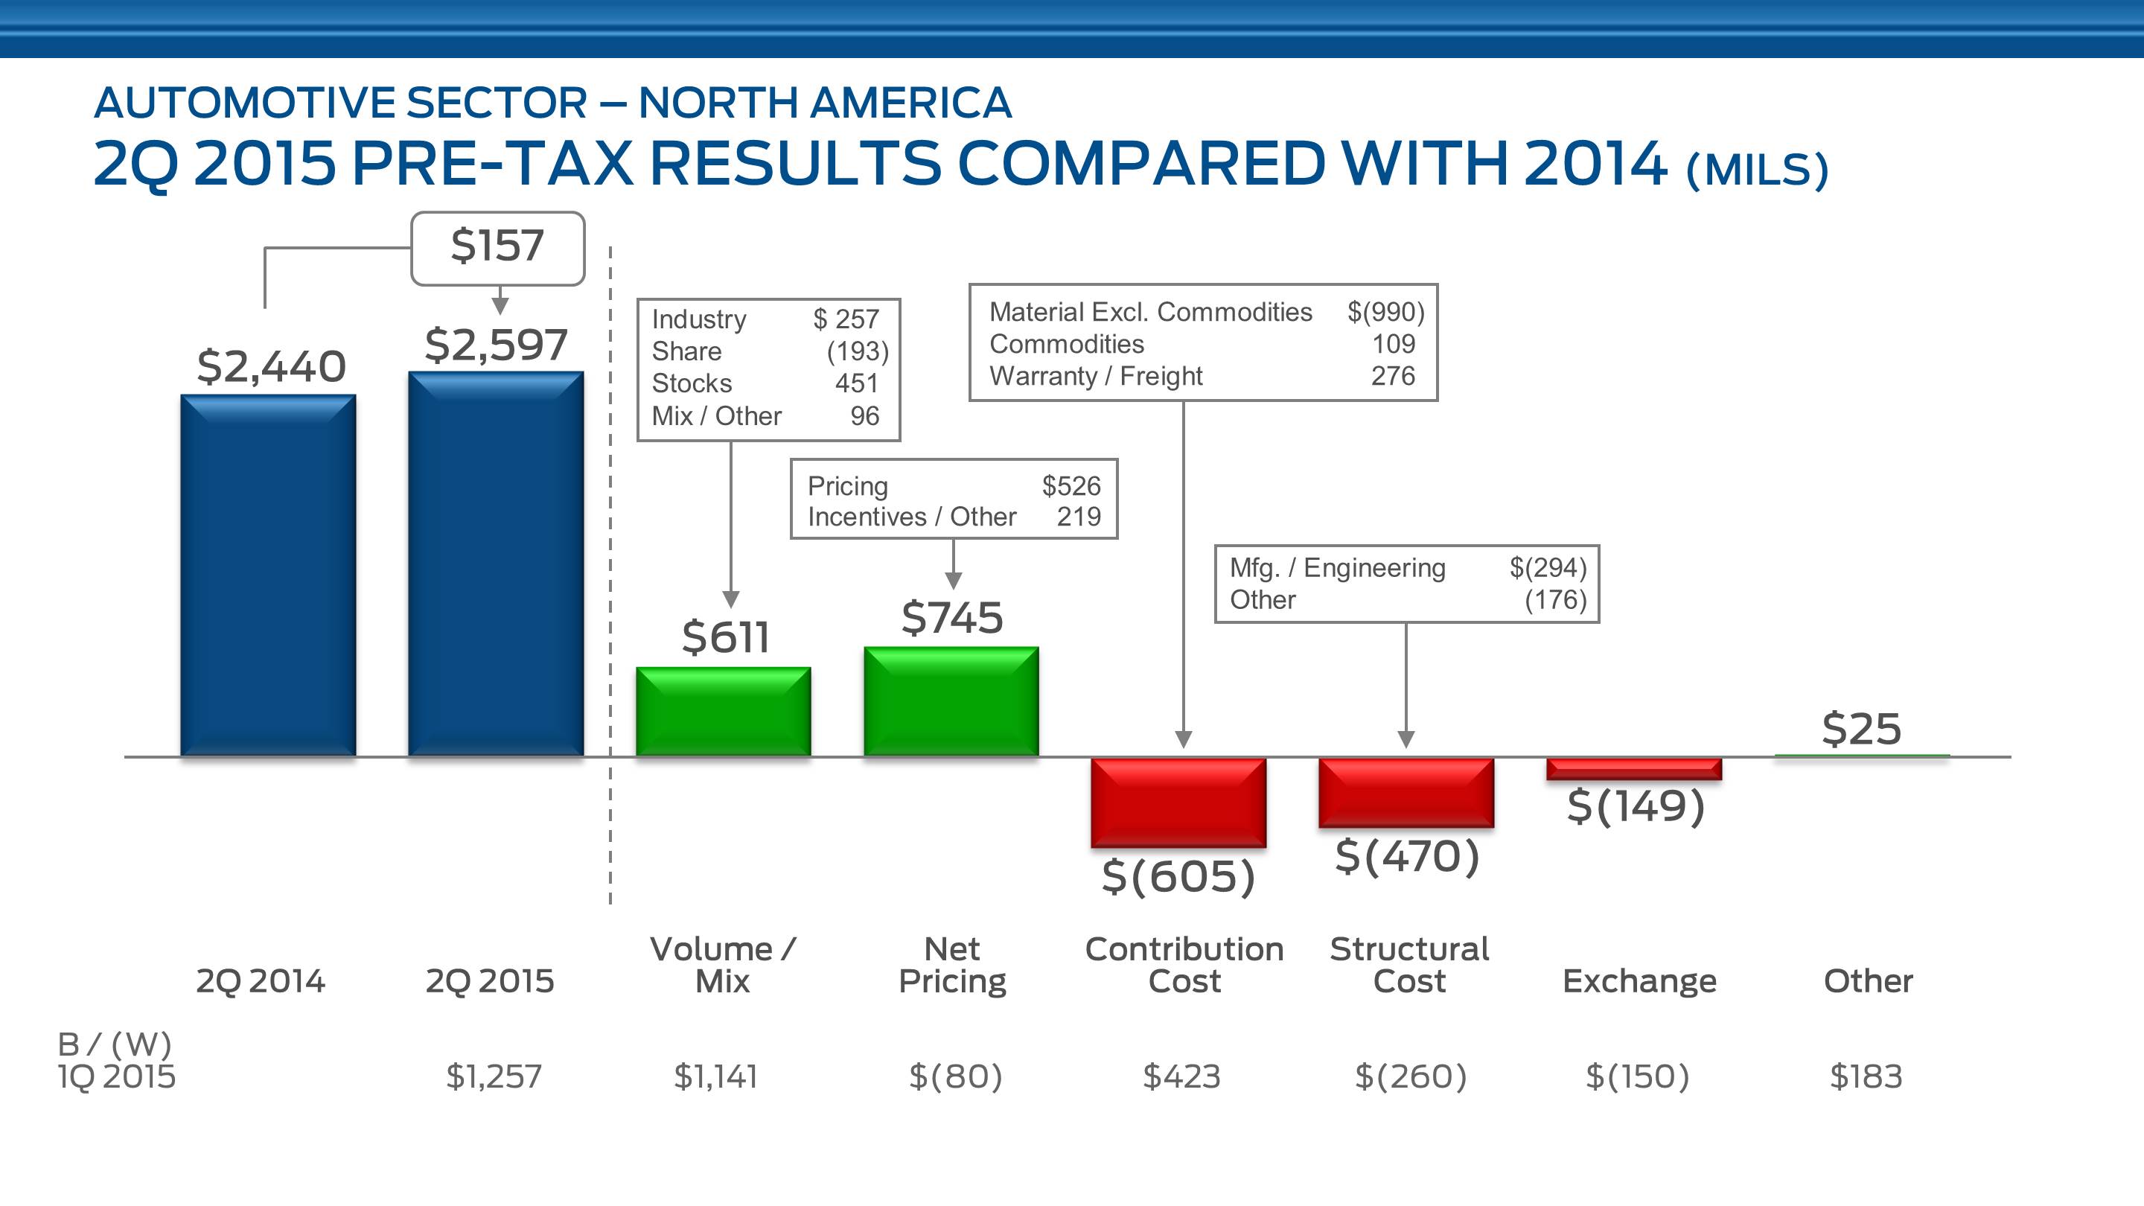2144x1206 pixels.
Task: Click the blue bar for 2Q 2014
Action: point(268,575)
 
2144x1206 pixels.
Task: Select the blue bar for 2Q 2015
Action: point(495,564)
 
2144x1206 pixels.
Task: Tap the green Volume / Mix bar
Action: point(724,711)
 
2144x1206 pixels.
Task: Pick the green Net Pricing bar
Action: point(951,701)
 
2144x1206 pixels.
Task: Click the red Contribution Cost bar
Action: point(1178,802)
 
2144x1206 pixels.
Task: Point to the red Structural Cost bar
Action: point(1406,791)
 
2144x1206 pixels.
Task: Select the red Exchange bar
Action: point(1634,768)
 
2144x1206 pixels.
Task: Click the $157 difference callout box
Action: point(498,247)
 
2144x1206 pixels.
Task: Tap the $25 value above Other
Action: point(1861,729)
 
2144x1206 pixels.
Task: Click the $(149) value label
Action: point(1636,805)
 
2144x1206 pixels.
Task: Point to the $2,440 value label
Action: point(271,366)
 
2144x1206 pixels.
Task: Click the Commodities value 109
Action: point(1394,344)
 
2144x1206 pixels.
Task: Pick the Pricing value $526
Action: point(1071,485)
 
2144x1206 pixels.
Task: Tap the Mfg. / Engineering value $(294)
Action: point(1548,567)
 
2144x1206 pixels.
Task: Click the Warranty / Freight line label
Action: point(1095,376)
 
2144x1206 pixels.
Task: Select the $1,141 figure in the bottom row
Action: point(715,1076)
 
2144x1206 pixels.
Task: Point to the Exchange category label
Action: point(1639,980)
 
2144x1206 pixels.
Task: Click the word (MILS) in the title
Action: point(1756,169)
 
